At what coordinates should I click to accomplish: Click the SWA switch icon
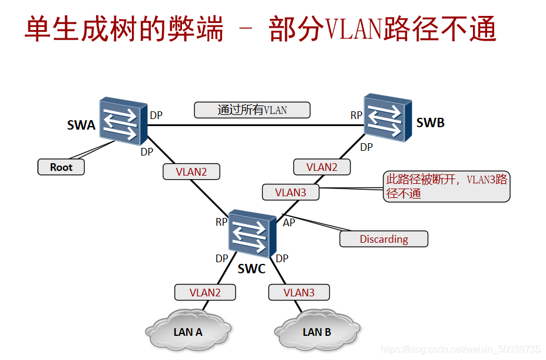point(123,121)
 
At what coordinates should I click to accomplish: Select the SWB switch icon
point(387,118)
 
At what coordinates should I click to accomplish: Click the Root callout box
point(61,167)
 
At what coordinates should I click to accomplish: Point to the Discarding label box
point(383,239)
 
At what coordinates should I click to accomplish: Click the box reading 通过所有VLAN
point(252,110)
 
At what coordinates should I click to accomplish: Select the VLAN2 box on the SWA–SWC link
point(191,172)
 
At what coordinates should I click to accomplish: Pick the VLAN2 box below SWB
point(322,167)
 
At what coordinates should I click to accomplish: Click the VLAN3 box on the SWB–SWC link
point(291,192)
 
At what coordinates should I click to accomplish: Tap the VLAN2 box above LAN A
point(205,292)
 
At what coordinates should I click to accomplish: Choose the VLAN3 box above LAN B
point(299,292)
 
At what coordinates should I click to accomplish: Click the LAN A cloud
point(188,332)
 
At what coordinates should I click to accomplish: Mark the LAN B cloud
point(316,332)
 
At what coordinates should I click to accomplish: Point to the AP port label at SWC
point(289,223)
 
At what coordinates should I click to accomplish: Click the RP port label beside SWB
point(356,115)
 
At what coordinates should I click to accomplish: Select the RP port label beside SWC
point(221,222)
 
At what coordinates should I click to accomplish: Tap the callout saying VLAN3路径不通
point(446,186)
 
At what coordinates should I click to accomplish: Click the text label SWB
point(430,123)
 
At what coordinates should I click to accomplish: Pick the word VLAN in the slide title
point(353,29)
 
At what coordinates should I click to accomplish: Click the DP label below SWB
point(366,147)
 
